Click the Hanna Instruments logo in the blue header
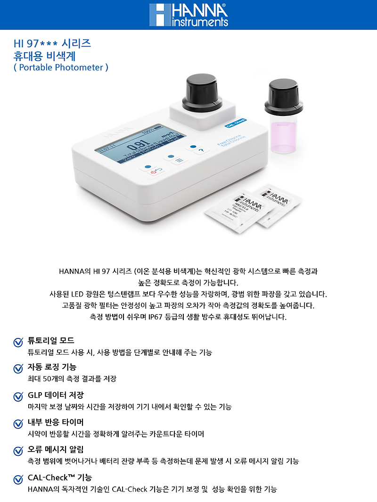click(x=188, y=15)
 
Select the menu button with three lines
click(x=177, y=160)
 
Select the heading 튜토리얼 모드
click(x=51, y=340)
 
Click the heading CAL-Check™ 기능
click(x=60, y=477)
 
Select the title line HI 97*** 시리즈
click(x=52, y=44)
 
